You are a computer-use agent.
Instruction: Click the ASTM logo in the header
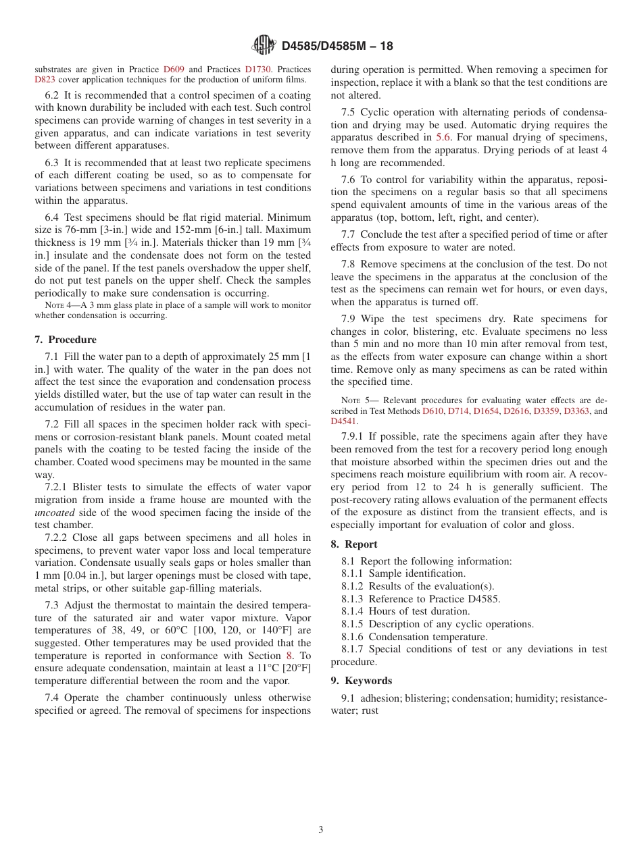263,46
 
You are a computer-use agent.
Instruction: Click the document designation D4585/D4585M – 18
337,47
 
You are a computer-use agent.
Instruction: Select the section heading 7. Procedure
66,340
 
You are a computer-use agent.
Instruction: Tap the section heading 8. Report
354,544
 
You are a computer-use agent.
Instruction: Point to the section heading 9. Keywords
361,681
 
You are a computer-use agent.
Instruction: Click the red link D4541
343,421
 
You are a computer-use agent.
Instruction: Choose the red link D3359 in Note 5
547,411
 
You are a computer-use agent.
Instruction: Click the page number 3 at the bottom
321,830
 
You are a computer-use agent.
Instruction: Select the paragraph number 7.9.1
354,437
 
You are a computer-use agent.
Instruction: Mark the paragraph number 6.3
51,163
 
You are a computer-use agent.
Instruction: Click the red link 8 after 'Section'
289,656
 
